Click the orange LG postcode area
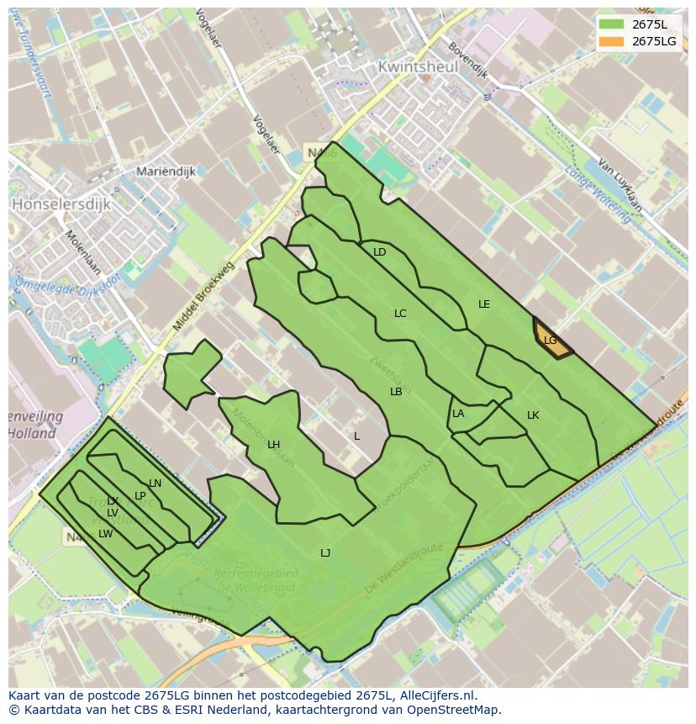coord(551,340)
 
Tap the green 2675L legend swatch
coord(611,24)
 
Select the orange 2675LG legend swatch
coord(611,41)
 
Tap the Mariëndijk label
coord(166,171)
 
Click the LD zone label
coord(379,252)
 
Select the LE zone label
coord(483,304)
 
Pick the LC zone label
coord(400,314)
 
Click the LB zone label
coord(396,392)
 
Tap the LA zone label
coord(458,414)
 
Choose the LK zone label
coord(533,415)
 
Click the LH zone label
coord(273,445)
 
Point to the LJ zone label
coord(325,552)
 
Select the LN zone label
coord(155,484)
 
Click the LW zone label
coord(105,534)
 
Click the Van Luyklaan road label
coord(620,185)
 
